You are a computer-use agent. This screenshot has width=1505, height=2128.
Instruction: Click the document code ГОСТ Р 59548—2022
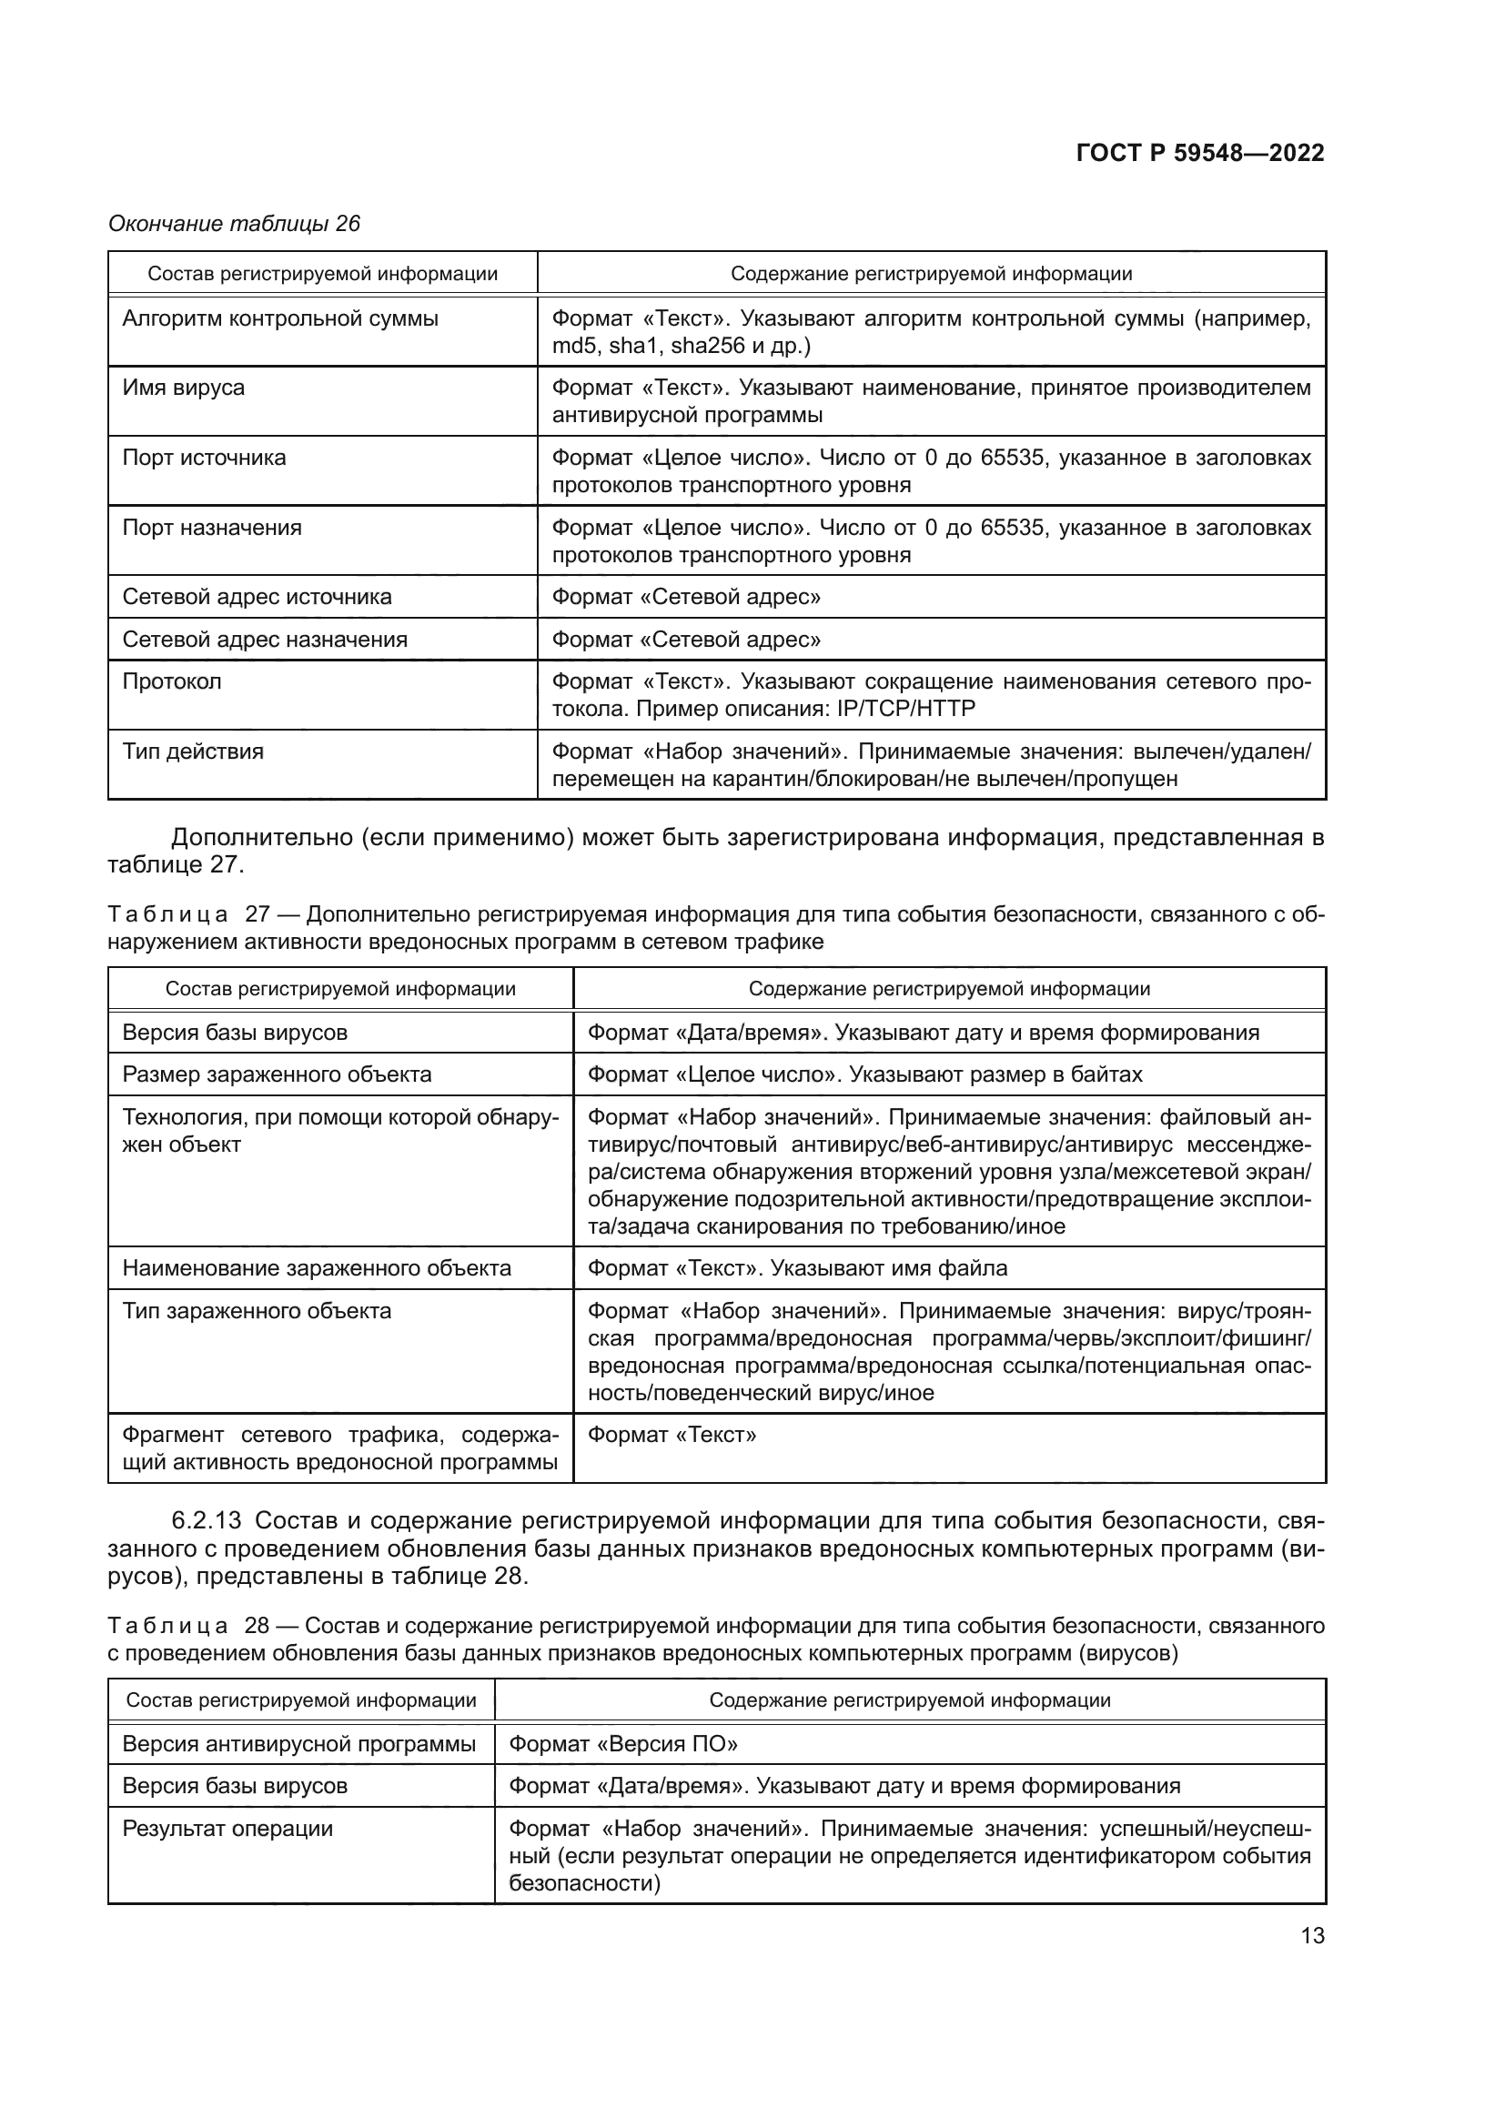point(1200,154)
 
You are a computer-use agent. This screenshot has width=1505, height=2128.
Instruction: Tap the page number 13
point(1312,1935)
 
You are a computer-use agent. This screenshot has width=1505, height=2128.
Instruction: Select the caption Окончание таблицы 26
point(235,224)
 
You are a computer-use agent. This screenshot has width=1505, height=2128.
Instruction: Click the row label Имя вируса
point(184,388)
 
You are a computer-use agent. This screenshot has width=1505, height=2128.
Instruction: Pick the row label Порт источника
point(204,458)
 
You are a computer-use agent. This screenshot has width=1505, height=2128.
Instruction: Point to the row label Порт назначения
point(212,529)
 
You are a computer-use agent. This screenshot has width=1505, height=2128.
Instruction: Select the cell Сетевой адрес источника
point(257,597)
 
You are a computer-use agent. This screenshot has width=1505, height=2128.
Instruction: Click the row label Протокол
point(171,682)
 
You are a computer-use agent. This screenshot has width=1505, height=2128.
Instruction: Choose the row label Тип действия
point(193,751)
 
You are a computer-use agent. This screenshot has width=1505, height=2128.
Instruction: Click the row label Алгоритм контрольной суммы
point(280,318)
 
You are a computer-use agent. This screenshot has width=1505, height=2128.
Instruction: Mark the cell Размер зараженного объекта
point(277,1075)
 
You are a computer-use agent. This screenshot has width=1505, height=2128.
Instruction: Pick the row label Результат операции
point(227,1829)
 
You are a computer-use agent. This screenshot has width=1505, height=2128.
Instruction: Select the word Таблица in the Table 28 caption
point(167,1626)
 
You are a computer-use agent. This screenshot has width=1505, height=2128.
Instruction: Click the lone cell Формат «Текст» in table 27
point(672,1436)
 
